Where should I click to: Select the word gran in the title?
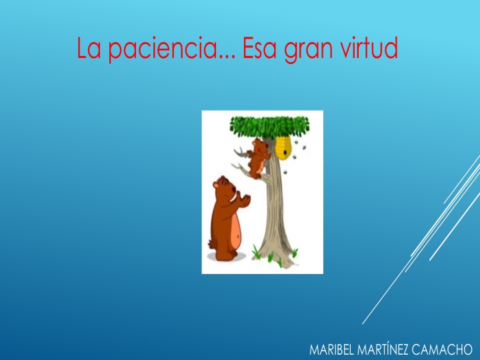(308, 51)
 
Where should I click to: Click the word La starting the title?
(89, 48)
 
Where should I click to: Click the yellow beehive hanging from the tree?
(283, 147)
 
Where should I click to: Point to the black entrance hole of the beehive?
(285, 152)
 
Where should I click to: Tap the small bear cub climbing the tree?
(258, 158)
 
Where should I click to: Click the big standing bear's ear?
(216, 185)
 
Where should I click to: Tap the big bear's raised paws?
(243, 199)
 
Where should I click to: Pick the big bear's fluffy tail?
(211, 244)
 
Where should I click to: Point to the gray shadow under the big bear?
(227, 257)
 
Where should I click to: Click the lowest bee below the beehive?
(285, 173)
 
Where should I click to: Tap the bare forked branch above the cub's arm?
(243, 153)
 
